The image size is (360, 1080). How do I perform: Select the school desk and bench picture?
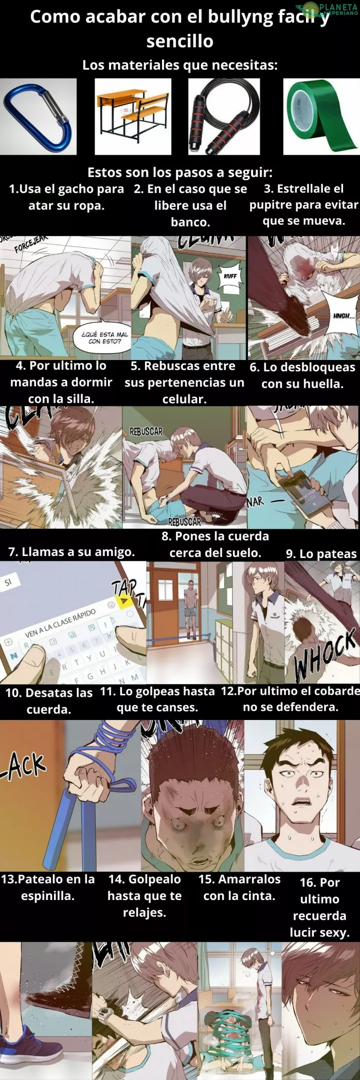133,116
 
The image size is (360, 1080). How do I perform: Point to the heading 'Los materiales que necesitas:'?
180,65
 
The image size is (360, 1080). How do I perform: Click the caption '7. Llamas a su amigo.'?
71,552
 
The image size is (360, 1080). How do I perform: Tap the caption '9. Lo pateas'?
321,553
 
